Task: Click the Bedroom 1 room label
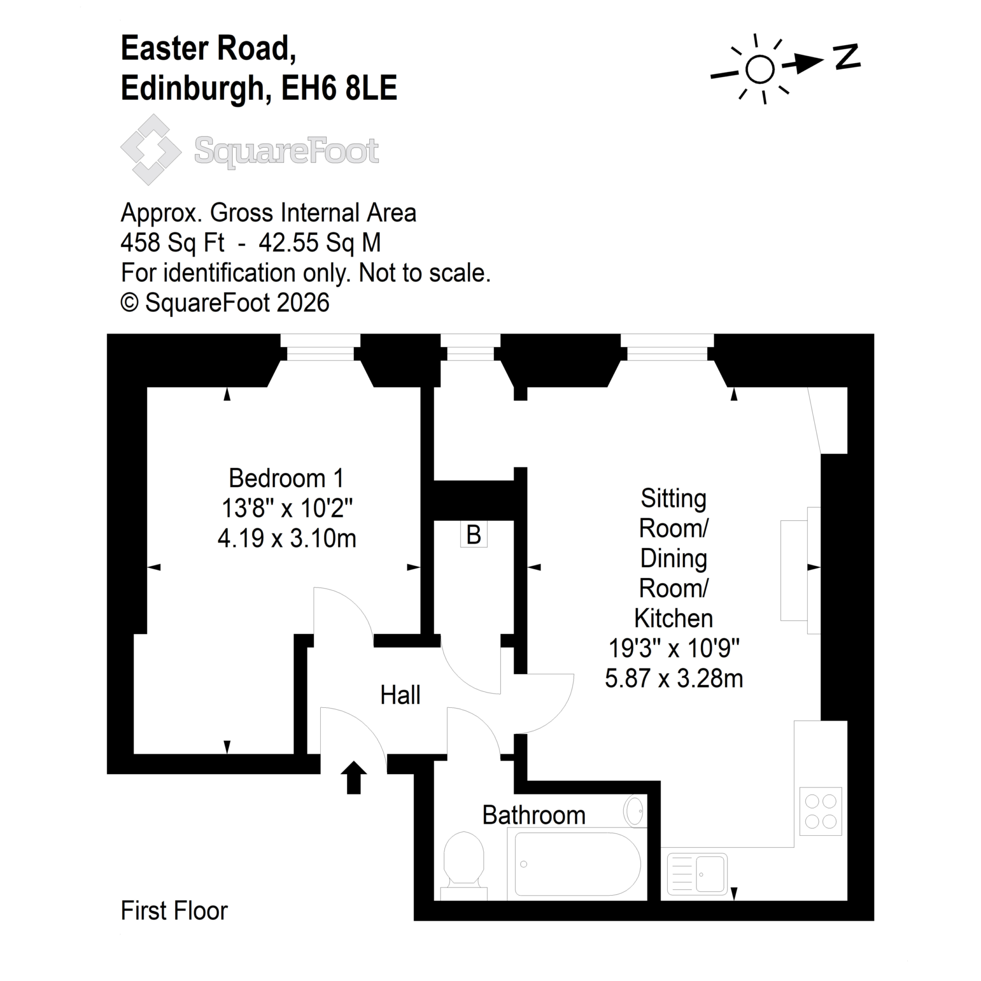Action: (x=286, y=478)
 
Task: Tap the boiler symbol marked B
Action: (x=473, y=535)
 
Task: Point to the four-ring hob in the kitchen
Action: (x=821, y=811)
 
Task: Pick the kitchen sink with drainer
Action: (x=697, y=874)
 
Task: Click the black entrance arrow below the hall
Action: (x=353, y=777)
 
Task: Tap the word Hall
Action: (x=400, y=695)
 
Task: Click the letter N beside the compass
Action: (x=847, y=57)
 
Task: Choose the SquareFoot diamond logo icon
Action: (x=151, y=150)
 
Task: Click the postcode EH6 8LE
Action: (x=339, y=88)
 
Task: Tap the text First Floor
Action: (x=174, y=910)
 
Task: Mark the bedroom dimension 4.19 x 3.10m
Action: (x=287, y=538)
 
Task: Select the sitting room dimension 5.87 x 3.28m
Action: (x=674, y=678)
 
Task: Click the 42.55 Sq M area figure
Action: (x=319, y=243)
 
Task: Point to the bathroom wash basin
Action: (x=635, y=811)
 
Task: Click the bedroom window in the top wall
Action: (x=320, y=348)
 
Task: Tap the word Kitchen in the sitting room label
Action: (x=673, y=619)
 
